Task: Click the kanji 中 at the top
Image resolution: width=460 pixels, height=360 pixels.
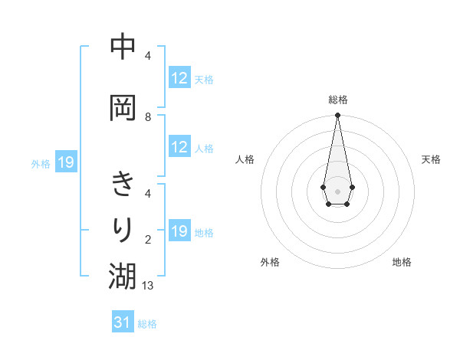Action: [x=123, y=47]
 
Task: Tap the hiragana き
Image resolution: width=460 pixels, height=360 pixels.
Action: [x=123, y=185]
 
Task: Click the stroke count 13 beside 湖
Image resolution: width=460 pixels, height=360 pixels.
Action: [x=148, y=286]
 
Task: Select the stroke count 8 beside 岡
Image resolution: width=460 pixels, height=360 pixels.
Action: [x=148, y=117]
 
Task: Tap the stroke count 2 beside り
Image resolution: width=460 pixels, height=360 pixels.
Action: [x=148, y=240]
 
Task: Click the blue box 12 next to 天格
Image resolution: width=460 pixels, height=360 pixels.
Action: [x=179, y=78]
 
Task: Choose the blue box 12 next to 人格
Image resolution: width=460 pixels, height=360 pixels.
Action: [x=179, y=147]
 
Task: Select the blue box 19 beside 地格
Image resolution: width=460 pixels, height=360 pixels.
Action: [x=179, y=231]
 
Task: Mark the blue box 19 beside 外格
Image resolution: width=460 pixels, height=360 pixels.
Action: [x=65, y=162]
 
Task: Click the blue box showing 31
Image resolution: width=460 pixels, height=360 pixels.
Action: [x=123, y=322]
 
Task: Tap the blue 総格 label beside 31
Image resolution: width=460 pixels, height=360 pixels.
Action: [x=147, y=324]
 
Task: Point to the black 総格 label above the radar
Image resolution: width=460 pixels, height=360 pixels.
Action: [x=338, y=100]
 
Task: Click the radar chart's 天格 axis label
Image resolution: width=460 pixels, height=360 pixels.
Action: [x=431, y=159]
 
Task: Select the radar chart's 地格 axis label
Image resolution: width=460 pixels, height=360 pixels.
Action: [x=402, y=262]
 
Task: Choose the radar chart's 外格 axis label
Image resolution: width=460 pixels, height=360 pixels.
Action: [x=270, y=262]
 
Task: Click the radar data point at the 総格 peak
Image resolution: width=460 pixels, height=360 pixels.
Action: [x=337, y=116]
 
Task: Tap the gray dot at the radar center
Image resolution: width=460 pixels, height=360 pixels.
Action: [x=337, y=190]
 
